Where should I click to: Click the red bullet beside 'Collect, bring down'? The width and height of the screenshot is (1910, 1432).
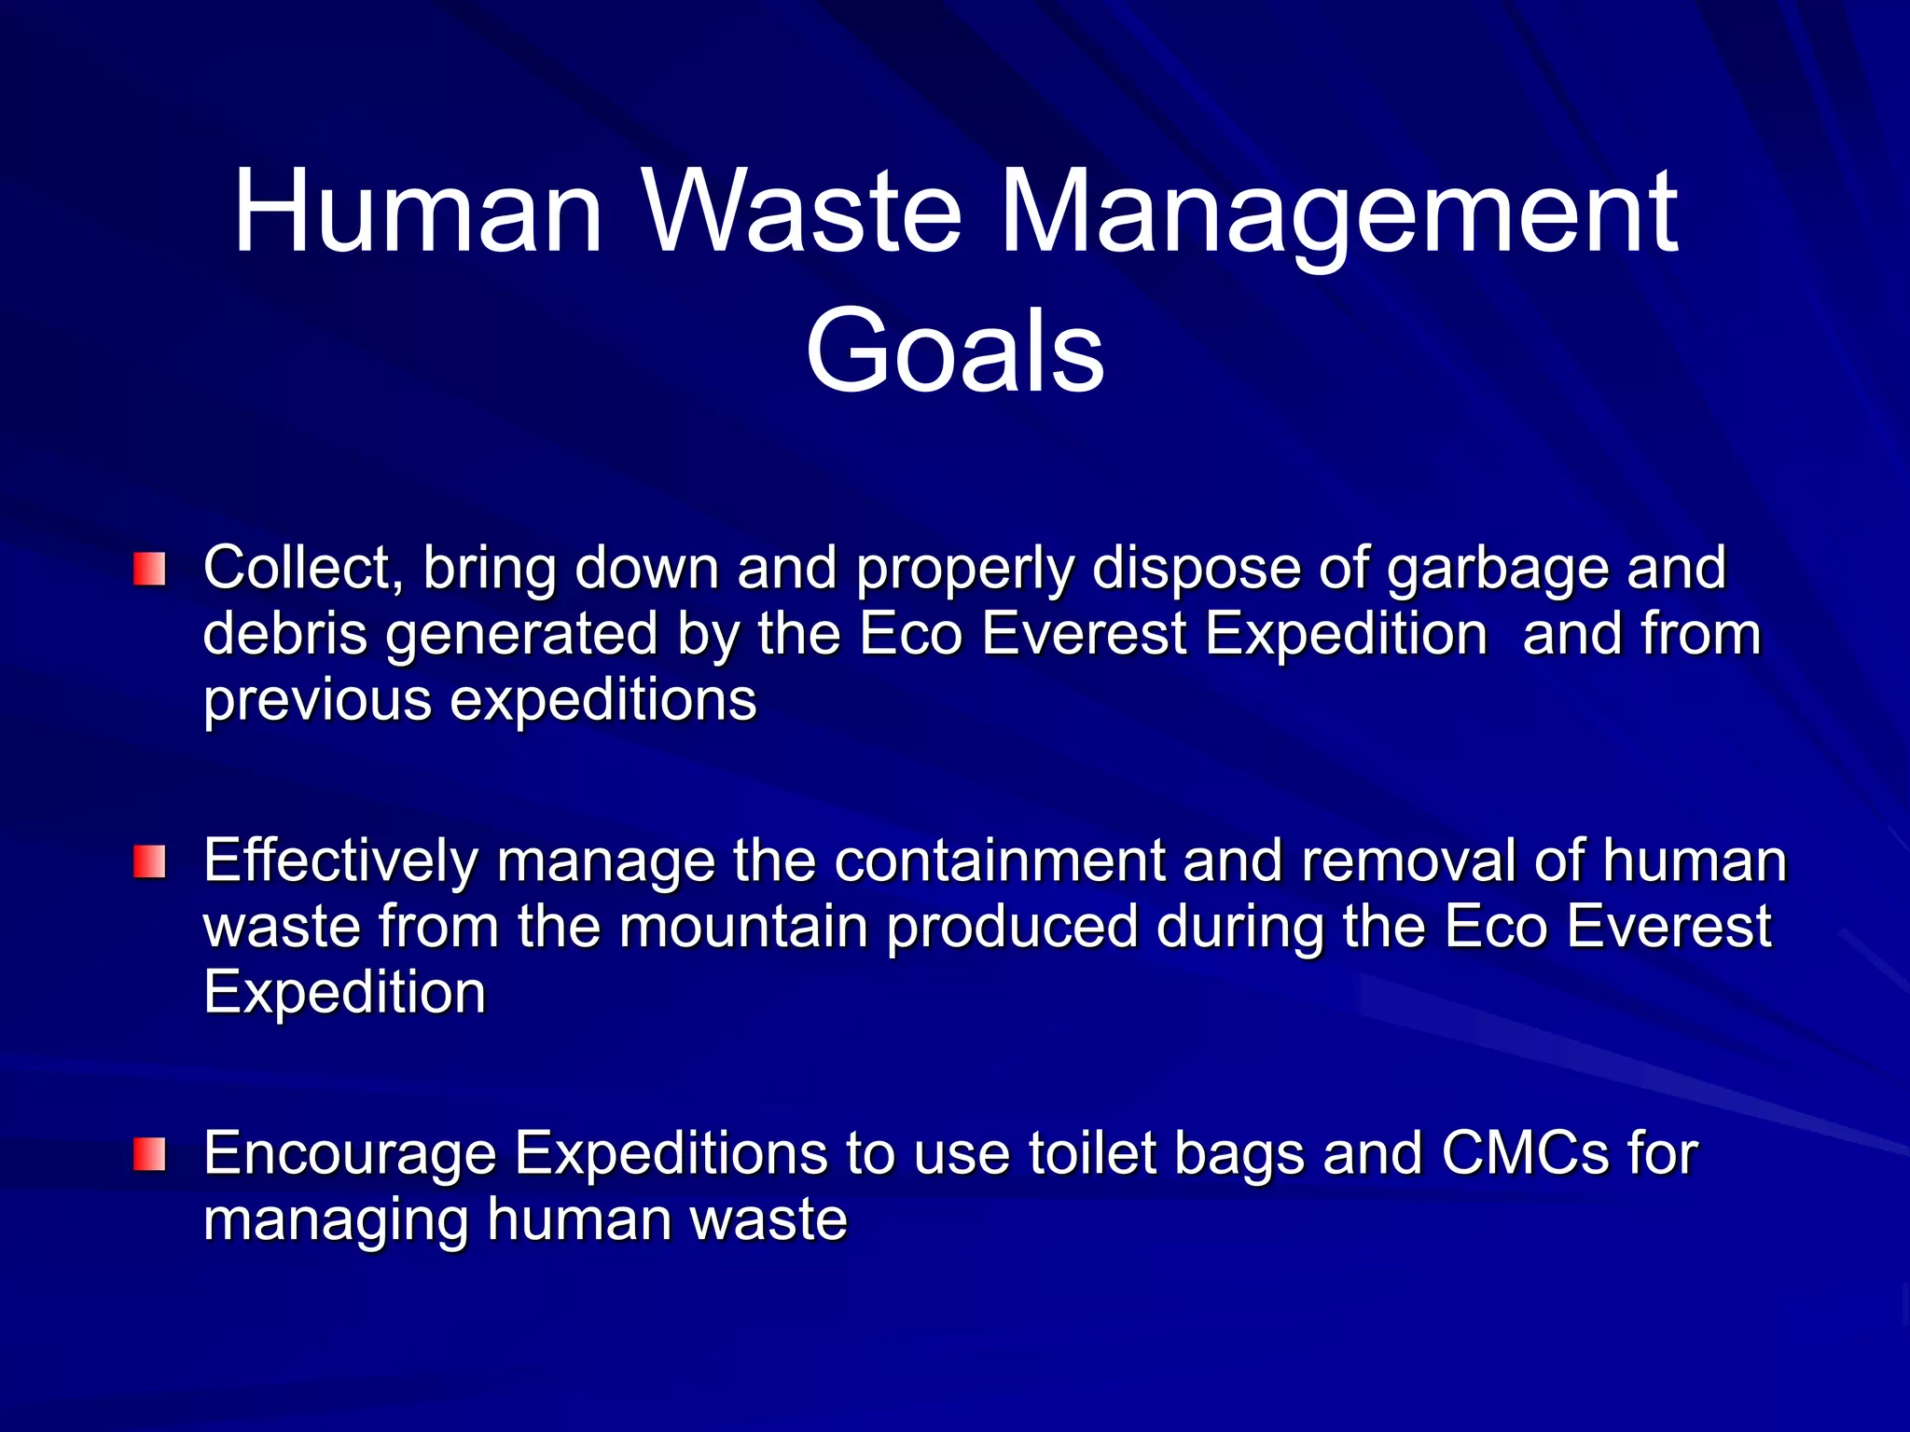click(x=149, y=569)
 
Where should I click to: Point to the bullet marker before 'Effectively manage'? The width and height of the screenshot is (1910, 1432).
click(x=149, y=861)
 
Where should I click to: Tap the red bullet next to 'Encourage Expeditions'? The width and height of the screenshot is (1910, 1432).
click(x=149, y=1154)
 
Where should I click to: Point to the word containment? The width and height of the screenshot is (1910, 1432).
click(x=999, y=861)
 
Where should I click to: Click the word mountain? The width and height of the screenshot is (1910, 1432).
click(x=743, y=927)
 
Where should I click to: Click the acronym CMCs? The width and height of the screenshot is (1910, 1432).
click(x=1526, y=1153)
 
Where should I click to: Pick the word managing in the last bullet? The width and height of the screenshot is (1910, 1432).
click(x=336, y=1221)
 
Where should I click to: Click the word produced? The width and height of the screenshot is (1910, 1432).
click(x=1013, y=929)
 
